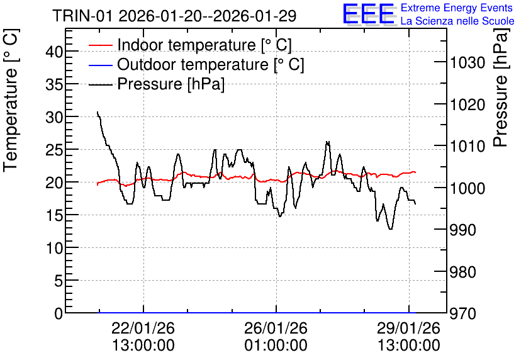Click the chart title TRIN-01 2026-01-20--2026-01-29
tap(174, 16)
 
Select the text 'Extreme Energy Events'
tap(457, 8)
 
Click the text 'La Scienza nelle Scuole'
tap(457, 21)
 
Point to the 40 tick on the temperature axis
tap(54, 52)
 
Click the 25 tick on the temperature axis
tap(54, 150)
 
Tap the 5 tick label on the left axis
tap(59, 281)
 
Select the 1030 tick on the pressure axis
tap(467, 63)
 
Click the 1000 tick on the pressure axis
tap(467, 189)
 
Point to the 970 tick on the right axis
tap(463, 314)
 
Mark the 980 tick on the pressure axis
tap(463, 272)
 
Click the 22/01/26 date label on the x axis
tap(143, 328)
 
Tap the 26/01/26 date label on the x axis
tap(276, 328)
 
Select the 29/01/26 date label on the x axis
tap(408, 328)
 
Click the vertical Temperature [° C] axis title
tap(11, 101)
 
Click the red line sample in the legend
tap(100, 45)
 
